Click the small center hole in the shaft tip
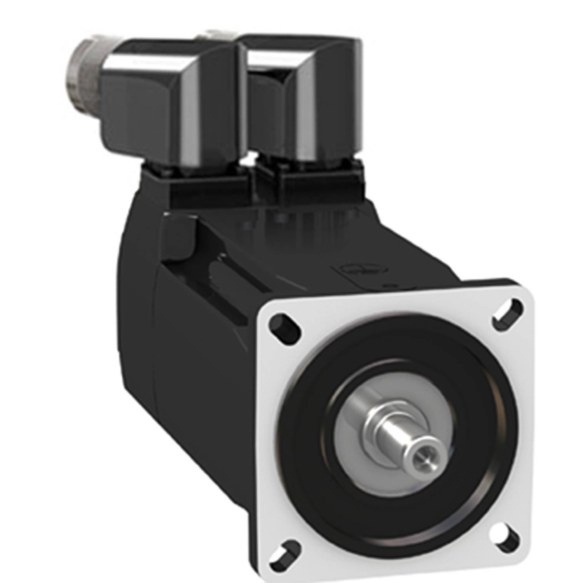pyautogui.click(x=423, y=459)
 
